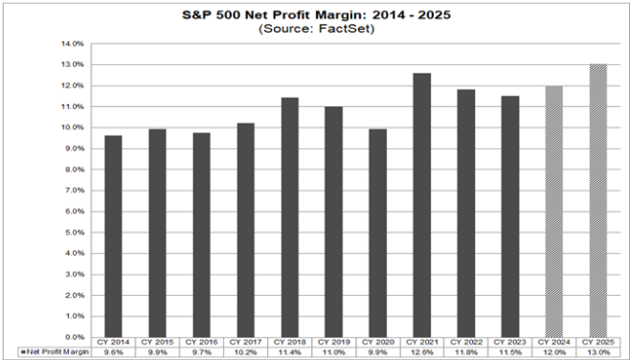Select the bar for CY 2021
(x=421, y=205)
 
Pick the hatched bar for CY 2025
(x=597, y=200)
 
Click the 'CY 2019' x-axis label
(x=333, y=343)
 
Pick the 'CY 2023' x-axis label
(x=509, y=343)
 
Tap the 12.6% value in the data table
(x=421, y=352)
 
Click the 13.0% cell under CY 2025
(x=597, y=352)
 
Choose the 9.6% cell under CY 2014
(x=113, y=352)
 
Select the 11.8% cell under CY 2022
(x=465, y=352)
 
